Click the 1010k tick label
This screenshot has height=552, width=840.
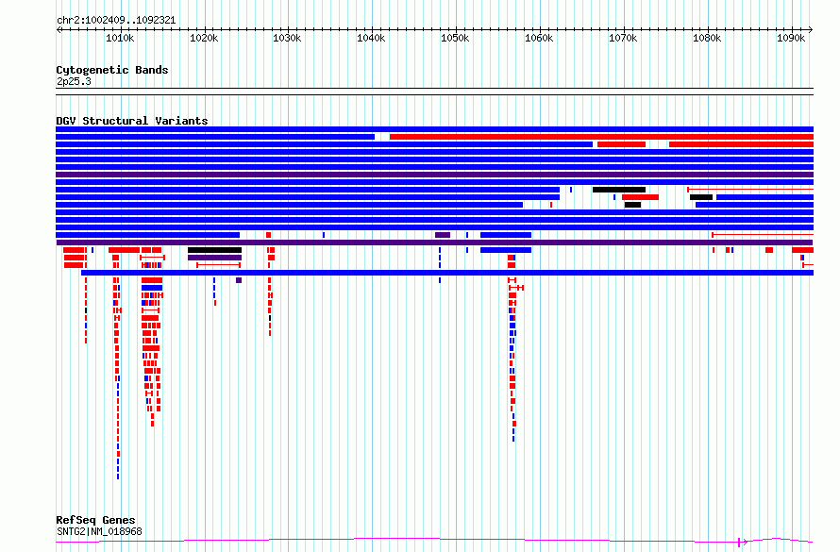tap(120, 38)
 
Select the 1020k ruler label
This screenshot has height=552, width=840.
tap(204, 38)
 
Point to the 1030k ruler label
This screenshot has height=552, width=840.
tap(287, 38)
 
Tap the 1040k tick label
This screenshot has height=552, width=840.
tap(371, 38)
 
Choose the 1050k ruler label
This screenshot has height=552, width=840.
tap(455, 38)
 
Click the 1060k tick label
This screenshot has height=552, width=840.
tap(539, 38)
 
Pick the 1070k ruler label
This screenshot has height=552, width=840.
tap(623, 38)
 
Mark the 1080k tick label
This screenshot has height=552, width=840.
tap(707, 38)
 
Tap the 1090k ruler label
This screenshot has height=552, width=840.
tap(791, 38)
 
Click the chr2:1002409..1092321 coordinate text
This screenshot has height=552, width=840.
tap(116, 21)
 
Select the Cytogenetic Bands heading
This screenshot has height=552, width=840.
tap(112, 70)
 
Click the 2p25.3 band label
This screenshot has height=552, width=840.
tap(74, 81)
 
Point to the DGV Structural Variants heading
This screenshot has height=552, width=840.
tap(132, 121)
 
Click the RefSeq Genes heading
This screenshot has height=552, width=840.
tap(95, 520)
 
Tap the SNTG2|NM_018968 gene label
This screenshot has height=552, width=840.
tap(100, 531)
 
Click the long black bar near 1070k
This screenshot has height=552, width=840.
tap(619, 190)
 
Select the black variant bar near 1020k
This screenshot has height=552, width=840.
tap(214, 250)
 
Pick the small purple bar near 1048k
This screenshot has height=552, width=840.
tap(443, 235)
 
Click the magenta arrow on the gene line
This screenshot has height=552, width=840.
tap(743, 542)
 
